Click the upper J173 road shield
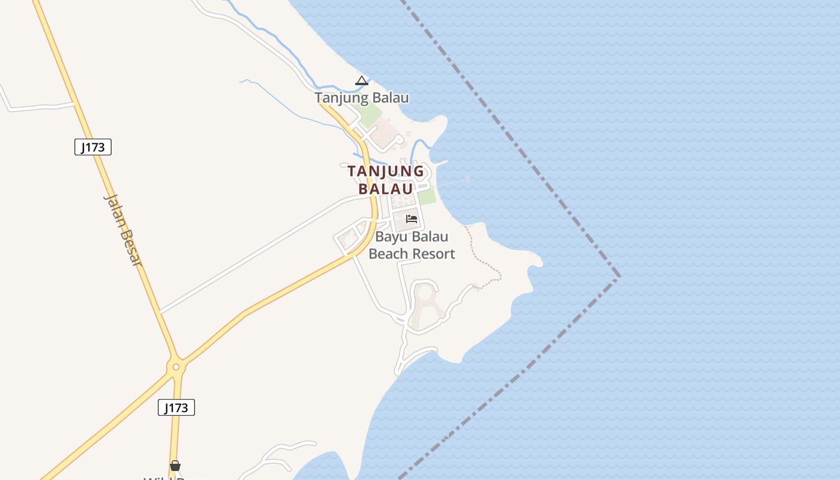pyautogui.click(x=93, y=147)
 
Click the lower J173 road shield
pyautogui.click(x=176, y=408)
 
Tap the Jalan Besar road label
pyautogui.click(x=124, y=229)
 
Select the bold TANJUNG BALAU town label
pyautogui.click(x=386, y=179)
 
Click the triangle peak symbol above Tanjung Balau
pyautogui.click(x=361, y=81)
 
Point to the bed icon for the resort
pyautogui.click(x=412, y=218)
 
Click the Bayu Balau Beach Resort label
pyautogui.click(x=412, y=245)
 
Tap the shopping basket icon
pyautogui.click(x=175, y=466)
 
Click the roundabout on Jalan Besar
pyautogui.click(x=176, y=367)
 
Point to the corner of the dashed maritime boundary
pyautogui.click(x=619, y=276)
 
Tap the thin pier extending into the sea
pyautogui.click(x=453, y=182)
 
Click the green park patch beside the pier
pyautogui.click(x=426, y=196)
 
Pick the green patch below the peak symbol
pyautogui.click(x=368, y=115)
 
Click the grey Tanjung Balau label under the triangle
pyautogui.click(x=362, y=98)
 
